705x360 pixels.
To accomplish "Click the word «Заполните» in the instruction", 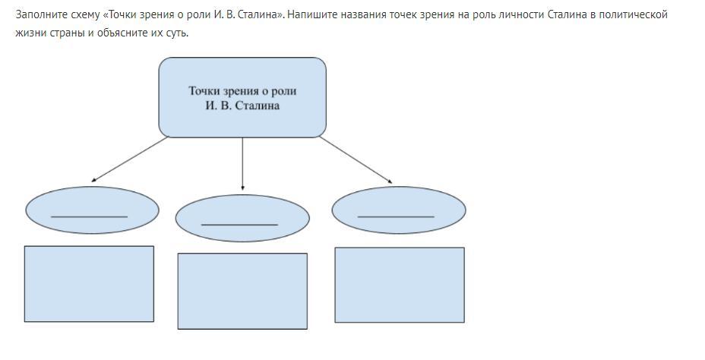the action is point(39,14).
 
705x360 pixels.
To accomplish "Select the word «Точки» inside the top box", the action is point(204,91).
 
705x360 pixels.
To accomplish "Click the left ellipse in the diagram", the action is point(92,210).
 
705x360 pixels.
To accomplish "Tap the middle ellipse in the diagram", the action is point(242,219).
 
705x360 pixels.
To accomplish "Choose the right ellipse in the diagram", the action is point(399,210).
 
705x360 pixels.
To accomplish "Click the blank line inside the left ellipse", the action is point(90,217).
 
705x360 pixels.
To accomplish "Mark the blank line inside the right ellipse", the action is point(396,217).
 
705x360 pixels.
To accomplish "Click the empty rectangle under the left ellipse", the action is point(89,283).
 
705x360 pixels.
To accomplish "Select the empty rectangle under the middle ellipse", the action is point(242,291).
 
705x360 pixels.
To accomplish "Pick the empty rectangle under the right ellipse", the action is point(400,285).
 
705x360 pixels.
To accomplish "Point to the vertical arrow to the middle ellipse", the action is point(242,163).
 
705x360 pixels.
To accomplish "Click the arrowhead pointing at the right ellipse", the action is point(390,182).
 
